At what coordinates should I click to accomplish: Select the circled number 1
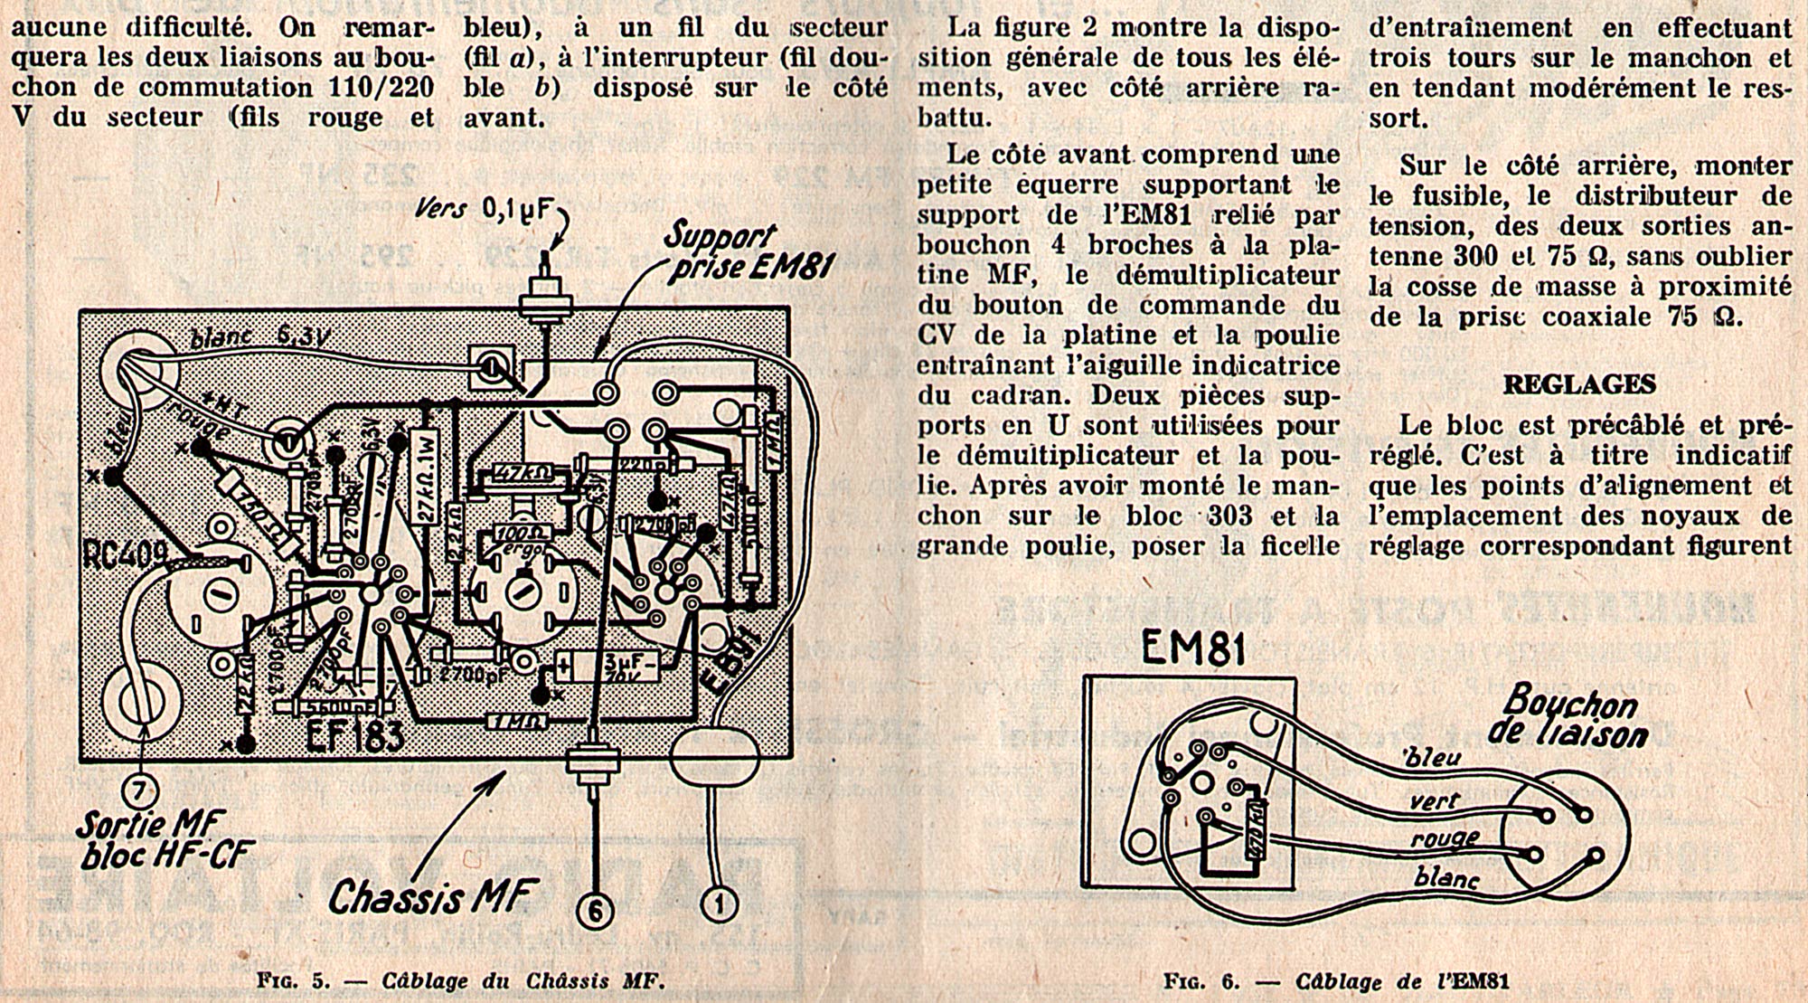tap(720, 903)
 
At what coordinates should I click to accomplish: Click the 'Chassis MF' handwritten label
tap(433, 895)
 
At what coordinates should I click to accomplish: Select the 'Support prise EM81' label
tap(743, 252)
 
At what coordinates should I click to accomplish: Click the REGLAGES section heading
tap(1578, 384)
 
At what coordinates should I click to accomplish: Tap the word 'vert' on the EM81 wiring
tap(1435, 800)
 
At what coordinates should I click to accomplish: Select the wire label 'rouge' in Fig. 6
tap(1444, 839)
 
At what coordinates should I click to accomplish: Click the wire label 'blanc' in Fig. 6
tap(1445, 875)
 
